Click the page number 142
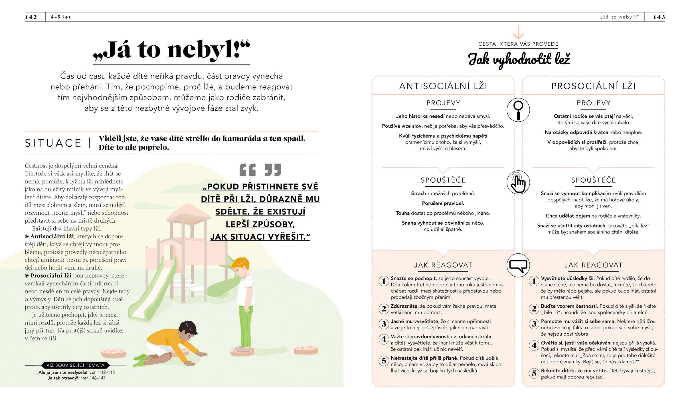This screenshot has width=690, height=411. coord(31,17)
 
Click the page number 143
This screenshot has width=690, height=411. coord(659,17)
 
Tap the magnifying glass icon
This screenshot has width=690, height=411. coord(518,110)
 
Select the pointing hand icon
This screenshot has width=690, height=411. coord(518,183)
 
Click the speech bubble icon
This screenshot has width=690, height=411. coord(518,265)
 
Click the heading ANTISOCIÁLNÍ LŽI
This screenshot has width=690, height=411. coord(443,86)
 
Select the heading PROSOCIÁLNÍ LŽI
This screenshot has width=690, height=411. coord(593,86)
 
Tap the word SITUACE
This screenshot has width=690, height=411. coord(53,143)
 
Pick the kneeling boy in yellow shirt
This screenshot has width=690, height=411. coord(171,342)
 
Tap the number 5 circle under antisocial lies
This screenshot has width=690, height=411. coord(384,361)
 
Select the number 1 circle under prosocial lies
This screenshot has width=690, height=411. coord(534,281)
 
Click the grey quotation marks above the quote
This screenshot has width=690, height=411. coord(260,170)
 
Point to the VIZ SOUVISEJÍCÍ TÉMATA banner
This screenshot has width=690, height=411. coord(76,365)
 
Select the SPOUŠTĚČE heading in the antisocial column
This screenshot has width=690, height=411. coord(443,180)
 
